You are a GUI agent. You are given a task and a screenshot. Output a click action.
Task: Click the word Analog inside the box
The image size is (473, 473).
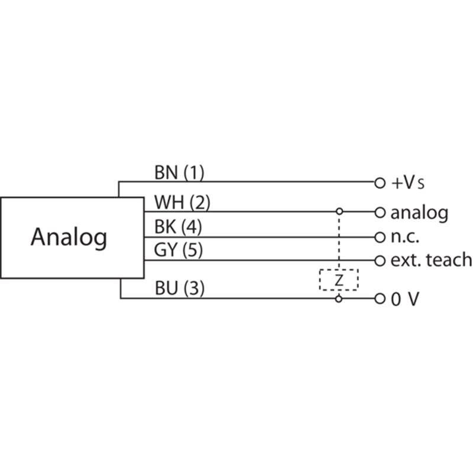(69, 237)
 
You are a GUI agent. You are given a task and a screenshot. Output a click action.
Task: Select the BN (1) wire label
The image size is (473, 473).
(179, 173)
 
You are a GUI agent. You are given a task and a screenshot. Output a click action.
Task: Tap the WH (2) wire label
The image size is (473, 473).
(182, 202)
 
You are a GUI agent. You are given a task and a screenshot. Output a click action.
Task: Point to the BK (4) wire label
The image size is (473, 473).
(179, 226)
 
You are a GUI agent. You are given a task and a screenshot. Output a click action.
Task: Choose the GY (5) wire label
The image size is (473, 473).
(179, 251)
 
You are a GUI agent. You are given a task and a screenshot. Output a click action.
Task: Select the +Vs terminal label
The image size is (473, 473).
(408, 182)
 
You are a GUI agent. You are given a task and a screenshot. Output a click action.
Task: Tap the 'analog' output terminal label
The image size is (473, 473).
(419, 212)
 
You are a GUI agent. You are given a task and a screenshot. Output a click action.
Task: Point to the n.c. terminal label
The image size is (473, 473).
(405, 237)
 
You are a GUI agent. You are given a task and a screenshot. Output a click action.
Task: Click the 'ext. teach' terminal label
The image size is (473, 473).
(431, 260)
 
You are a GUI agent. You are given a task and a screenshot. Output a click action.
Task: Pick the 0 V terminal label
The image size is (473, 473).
(405, 299)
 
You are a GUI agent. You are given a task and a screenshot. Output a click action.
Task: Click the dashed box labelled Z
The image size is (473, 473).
(339, 280)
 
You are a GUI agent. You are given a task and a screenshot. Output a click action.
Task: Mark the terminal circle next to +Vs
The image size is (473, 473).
(380, 182)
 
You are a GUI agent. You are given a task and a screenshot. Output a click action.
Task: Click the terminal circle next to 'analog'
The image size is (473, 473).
(380, 212)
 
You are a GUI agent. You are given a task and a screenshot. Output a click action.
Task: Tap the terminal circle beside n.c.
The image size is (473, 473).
(380, 237)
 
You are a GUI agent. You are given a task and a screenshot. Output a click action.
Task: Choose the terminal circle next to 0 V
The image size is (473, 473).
(380, 299)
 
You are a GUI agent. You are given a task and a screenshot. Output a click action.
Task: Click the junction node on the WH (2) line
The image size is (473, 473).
(339, 211)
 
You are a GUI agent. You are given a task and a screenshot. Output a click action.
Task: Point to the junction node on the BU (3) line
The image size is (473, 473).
(339, 299)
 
